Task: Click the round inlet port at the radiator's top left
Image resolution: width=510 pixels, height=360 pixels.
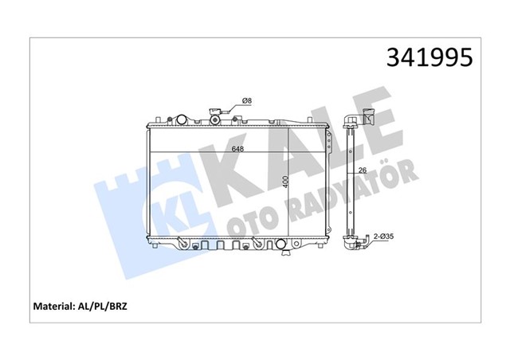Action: click(x=182, y=119)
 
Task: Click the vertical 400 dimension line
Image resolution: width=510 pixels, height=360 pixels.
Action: click(x=292, y=183)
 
